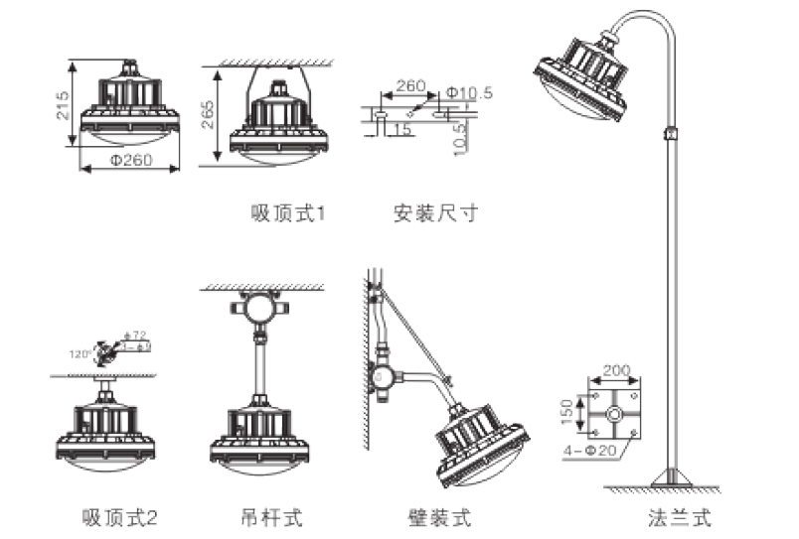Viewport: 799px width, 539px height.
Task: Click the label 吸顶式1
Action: coord(288,213)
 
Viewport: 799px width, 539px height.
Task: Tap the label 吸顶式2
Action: coord(120,517)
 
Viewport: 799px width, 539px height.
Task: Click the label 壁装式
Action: coord(439,517)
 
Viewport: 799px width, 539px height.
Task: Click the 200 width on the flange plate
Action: coord(617,369)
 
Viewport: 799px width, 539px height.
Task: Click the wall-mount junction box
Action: coord(381,375)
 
